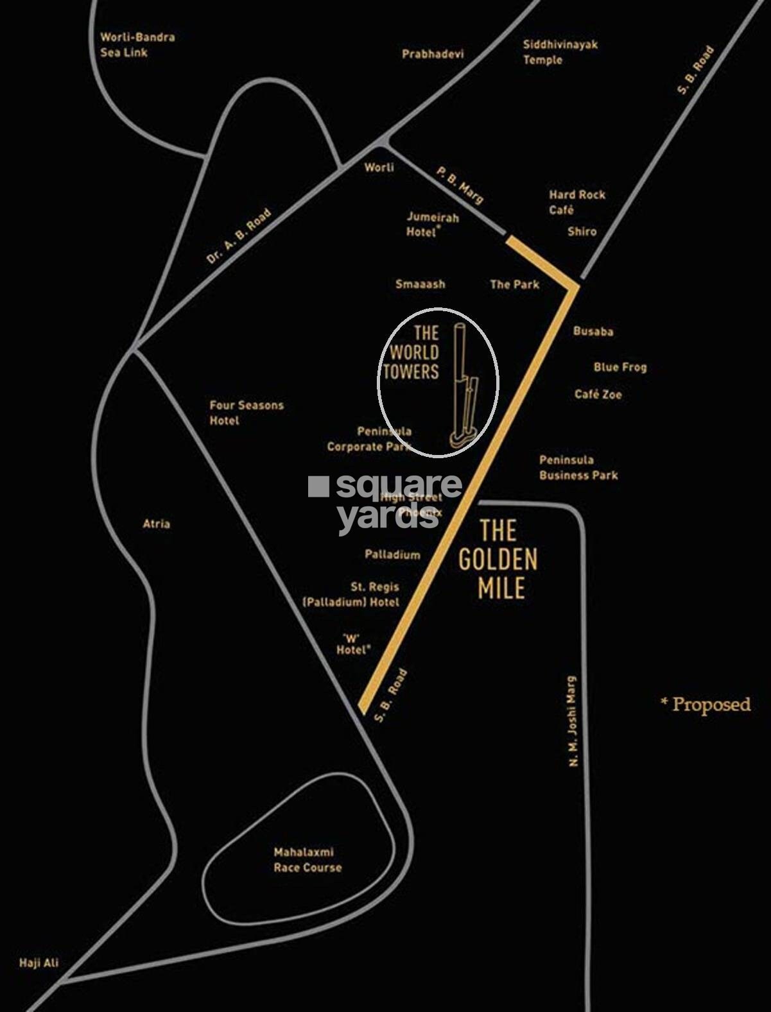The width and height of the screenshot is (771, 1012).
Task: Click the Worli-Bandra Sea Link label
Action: (x=137, y=45)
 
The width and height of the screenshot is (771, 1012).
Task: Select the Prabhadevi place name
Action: (x=432, y=54)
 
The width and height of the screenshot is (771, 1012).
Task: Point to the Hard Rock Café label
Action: (x=576, y=202)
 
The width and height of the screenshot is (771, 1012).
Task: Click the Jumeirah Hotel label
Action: (x=432, y=225)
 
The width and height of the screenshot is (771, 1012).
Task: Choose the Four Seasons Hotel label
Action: (x=246, y=413)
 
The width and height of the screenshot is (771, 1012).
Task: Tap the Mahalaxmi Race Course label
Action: (x=308, y=860)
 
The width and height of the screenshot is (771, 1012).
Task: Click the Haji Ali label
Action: (x=39, y=963)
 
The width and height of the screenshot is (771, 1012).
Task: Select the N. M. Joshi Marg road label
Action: (x=573, y=721)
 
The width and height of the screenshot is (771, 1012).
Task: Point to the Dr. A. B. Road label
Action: (x=239, y=236)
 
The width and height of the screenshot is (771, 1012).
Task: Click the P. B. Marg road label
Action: (x=460, y=185)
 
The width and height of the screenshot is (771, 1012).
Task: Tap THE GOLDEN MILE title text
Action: (x=498, y=560)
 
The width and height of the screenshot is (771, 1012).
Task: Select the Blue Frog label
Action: (x=619, y=367)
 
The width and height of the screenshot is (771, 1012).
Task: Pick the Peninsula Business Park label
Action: (x=578, y=467)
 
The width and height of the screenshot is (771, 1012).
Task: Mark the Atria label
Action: (x=157, y=524)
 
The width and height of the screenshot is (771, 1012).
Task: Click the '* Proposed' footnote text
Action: (x=706, y=705)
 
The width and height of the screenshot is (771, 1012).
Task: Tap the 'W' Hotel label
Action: (x=353, y=644)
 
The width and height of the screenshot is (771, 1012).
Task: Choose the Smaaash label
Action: (x=420, y=284)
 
